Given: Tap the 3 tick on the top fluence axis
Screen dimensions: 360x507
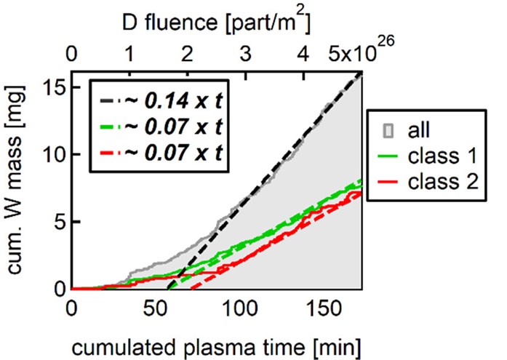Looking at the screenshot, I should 246,55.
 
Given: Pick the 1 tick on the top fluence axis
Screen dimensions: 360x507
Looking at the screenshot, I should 129,55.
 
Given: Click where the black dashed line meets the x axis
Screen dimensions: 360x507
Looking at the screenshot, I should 167,289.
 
